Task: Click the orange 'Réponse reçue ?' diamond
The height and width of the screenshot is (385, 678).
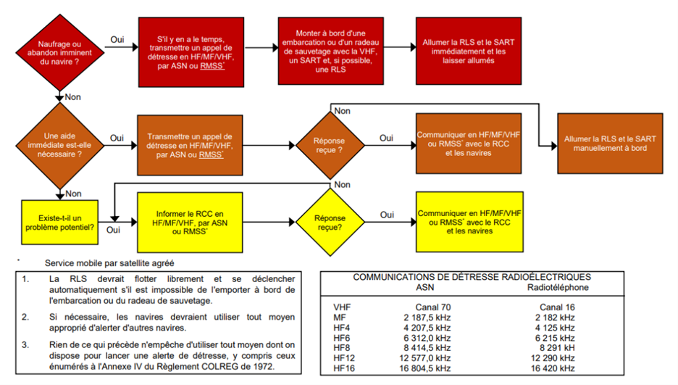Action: pyautogui.click(x=330, y=143)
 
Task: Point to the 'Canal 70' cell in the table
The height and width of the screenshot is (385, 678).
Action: pyautogui.click(x=435, y=307)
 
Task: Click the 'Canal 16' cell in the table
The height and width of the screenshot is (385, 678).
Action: pyautogui.click(x=558, y=307)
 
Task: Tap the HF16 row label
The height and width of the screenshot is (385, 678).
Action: pyautogui.click(x=346, y=368)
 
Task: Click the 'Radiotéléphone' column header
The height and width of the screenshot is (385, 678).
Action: pyautogui.click(x=558, y=287)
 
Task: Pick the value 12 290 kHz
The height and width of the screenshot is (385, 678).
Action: pyautogui.click(x=558, y=358)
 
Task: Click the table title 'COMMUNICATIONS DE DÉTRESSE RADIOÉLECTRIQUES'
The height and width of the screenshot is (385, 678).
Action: pyautogui.click(x=472, y=277)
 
